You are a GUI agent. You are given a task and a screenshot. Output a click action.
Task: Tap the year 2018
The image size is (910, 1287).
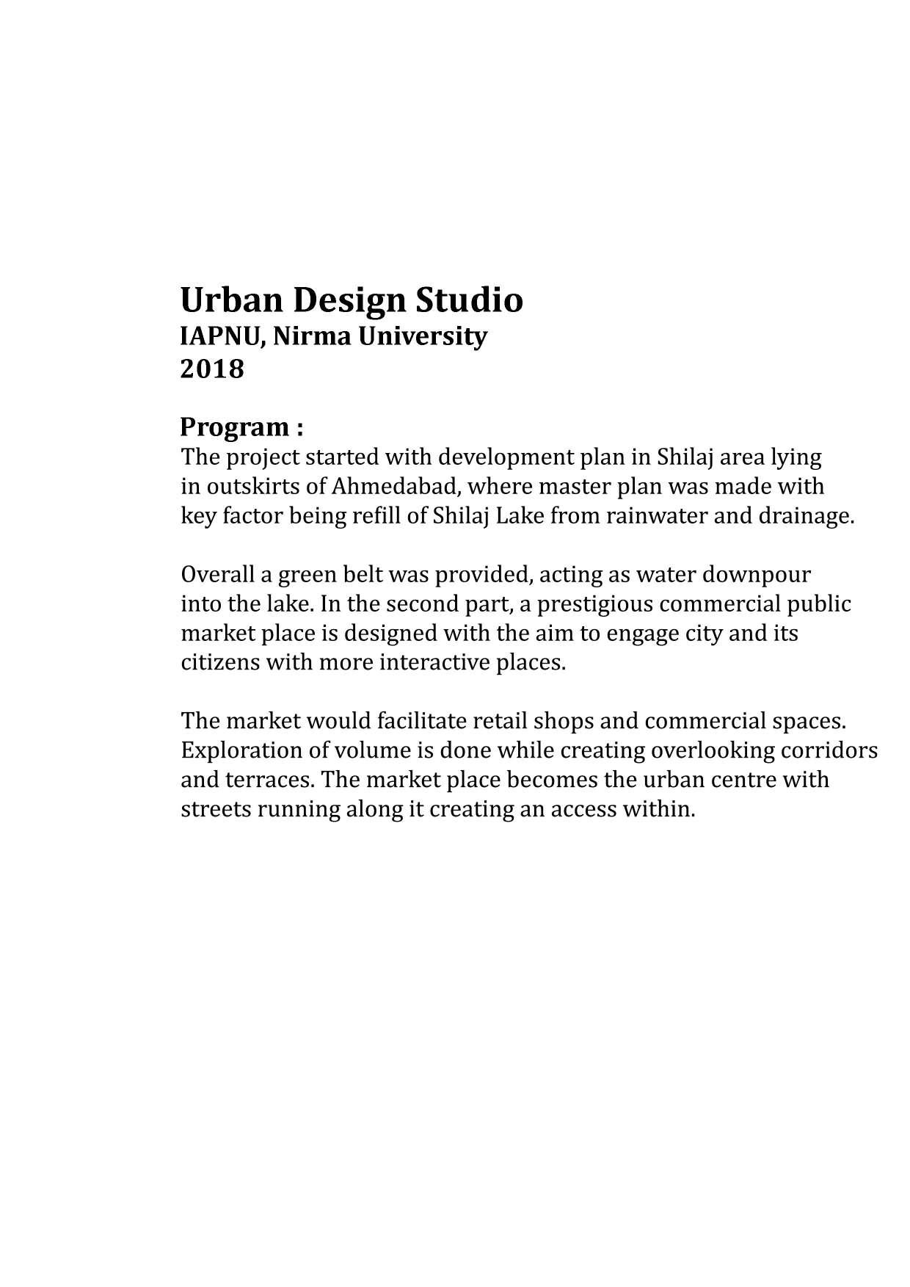212,369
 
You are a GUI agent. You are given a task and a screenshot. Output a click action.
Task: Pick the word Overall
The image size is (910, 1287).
216,574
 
